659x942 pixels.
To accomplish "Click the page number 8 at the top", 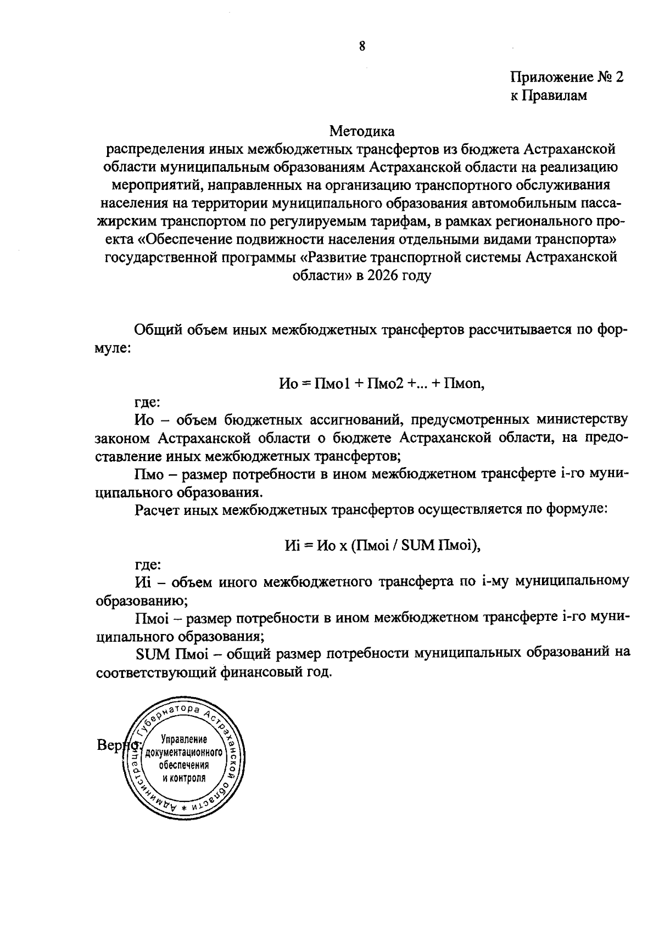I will tap(362, 46).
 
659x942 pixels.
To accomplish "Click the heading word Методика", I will tap(362, 132).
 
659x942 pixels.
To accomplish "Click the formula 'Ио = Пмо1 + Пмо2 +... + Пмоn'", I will tap(382, 384).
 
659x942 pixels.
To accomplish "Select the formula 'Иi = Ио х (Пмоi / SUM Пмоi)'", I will tap(383, 545).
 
